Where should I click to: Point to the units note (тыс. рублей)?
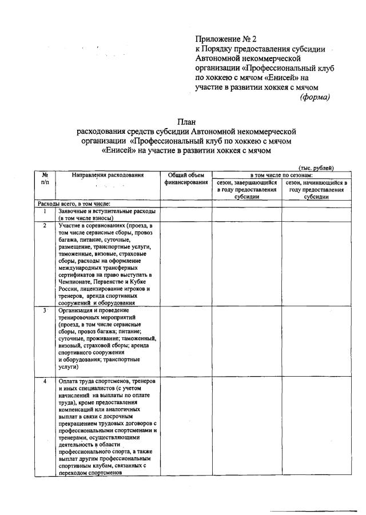click(316, 167)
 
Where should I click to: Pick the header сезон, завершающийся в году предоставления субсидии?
click(246, 189)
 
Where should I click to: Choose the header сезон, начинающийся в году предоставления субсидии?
click(316, 189)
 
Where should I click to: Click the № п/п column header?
click(45, 178)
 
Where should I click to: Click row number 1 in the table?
click(45, 211)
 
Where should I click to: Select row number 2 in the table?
click(45, 226)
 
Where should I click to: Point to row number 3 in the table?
click(45, 310)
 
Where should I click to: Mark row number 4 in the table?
click(45, 381)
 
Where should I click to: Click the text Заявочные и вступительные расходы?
click(107, 211)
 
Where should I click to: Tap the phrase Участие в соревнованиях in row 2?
click(91, 226)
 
